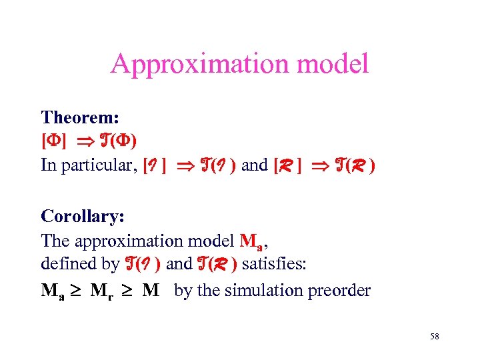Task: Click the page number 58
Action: (x=434, y=337)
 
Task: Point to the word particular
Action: (x=99, y=165)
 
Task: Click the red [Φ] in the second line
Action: (x=53, y=141)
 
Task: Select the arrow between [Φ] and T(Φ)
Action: (x=83, y=141)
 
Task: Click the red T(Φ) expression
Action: (x=119, y=141)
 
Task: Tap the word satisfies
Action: (x=274, y=264)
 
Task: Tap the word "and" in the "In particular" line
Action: (x=254, y=165)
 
